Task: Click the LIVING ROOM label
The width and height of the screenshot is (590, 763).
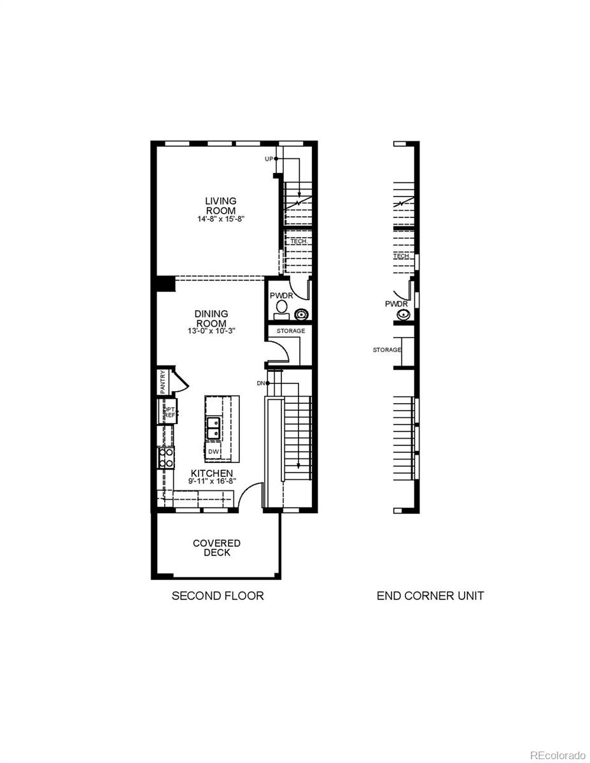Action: [220, 205]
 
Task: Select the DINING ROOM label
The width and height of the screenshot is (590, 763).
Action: [211, 319]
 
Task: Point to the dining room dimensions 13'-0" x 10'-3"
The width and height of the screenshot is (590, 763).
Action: [211, 331]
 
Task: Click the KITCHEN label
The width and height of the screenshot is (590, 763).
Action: [211, 473]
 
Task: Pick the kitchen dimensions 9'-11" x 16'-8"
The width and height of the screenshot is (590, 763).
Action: [211, 481]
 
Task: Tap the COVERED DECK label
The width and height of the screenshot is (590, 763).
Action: [216, 547]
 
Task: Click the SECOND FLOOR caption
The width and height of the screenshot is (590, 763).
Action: [218, 596]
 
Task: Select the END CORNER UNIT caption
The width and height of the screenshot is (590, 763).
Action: [430, 596]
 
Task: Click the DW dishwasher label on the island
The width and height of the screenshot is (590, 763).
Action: [214, 451]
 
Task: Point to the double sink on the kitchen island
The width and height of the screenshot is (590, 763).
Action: [214, 427]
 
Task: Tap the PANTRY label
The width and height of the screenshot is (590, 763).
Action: [163, 381]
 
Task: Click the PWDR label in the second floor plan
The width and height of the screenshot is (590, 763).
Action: [280, 296]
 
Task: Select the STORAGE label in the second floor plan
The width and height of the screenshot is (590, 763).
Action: [290, 331]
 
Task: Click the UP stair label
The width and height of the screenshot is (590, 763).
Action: [269, 158]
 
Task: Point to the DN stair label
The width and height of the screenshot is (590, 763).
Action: [260, 383]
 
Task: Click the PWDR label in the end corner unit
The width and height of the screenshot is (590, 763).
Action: [395, 304]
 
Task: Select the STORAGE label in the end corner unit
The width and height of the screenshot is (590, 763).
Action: [387, 350]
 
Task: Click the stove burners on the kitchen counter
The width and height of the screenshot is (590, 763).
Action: [166, 458]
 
